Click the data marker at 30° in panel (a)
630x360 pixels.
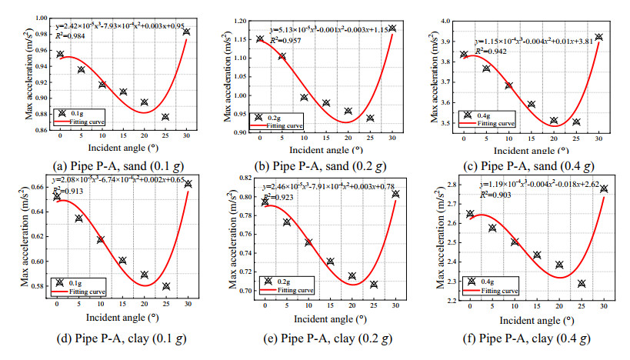pos(186,32)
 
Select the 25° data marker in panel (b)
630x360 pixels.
pos(370,118)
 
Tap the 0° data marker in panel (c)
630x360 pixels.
pos(463,55)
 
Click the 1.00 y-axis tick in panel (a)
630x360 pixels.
pos(37,15)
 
